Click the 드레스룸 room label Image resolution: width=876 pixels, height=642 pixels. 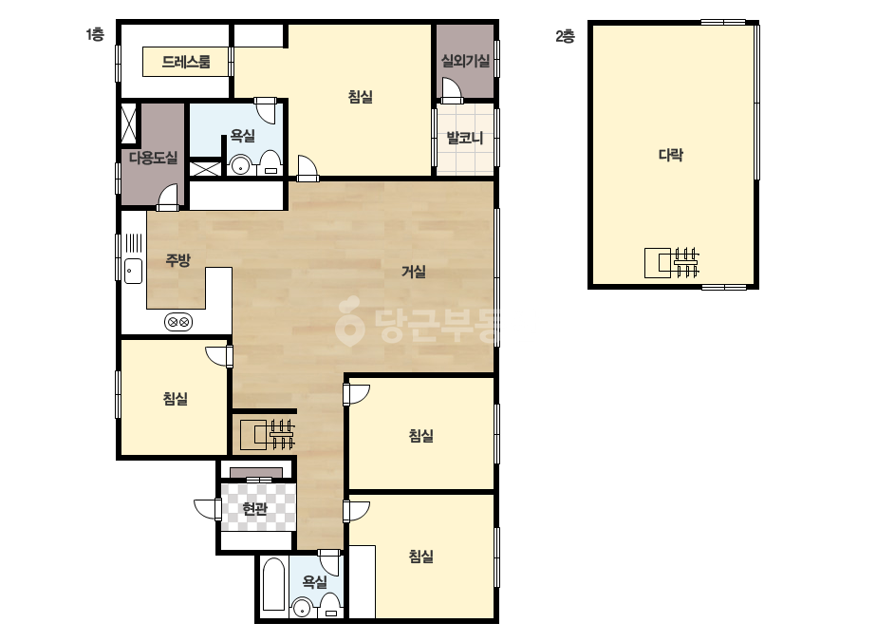pyautogui.click(x=186, y=62)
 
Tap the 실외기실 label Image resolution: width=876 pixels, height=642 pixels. pyautogui.click(x=465, y=61)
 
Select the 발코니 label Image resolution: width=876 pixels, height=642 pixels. pyautogui.click(x=465, y=138)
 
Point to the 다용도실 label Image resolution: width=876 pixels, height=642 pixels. pyautogui.click(x=153, y=158)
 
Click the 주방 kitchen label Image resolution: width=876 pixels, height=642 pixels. pyautogui.click(x=178, y=260)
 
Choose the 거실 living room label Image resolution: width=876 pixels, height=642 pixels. pyautogui.click(x=414, y=272)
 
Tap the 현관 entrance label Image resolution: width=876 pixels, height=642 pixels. pyautogui.click(x=254, y=509)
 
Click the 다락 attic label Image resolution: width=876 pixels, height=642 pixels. pyautogui.click(x=670, y=155)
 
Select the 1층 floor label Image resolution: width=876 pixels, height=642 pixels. pyautogui.click(x=95, y=35)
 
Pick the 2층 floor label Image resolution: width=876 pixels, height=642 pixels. pyautogui.click(x=566, y=36)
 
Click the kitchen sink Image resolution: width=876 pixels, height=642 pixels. pyautogui.click(x=133, y=272)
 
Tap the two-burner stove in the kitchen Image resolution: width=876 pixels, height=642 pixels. pyautogui.click(x=178, y=322)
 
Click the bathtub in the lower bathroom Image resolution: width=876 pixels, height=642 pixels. pyautogui.click(x=273, y=584)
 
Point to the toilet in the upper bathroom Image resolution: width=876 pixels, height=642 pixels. pyautogui.click(x=270, y=163)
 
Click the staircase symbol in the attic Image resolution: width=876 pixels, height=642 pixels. pyautogui.click(x=672, y=263)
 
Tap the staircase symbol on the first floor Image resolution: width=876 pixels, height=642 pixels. pyautogui.click(x=267, y=435)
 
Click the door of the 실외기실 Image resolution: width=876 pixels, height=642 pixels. pyautogui.click(x=451, y=90)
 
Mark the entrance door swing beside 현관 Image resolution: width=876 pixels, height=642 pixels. pyautogui.click(x=206, y=508)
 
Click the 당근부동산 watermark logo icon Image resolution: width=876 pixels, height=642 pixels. pyautogui.click(x=349, y=322)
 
